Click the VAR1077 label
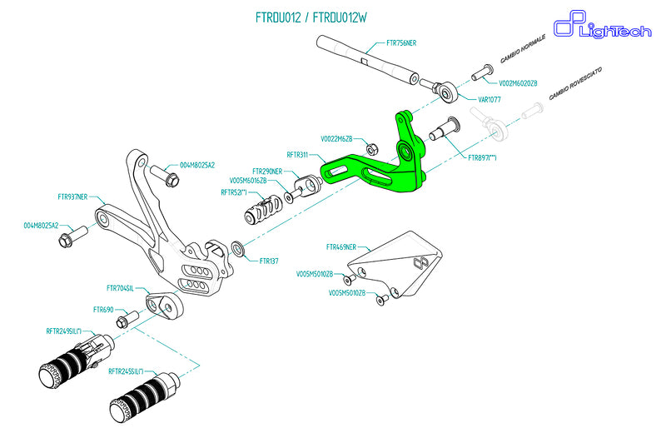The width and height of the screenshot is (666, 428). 489,99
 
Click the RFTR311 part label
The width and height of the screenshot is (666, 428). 297,155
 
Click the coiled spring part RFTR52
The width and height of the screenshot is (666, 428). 264,207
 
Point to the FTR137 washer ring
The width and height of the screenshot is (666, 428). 239,248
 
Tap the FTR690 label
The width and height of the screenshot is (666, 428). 104,310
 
